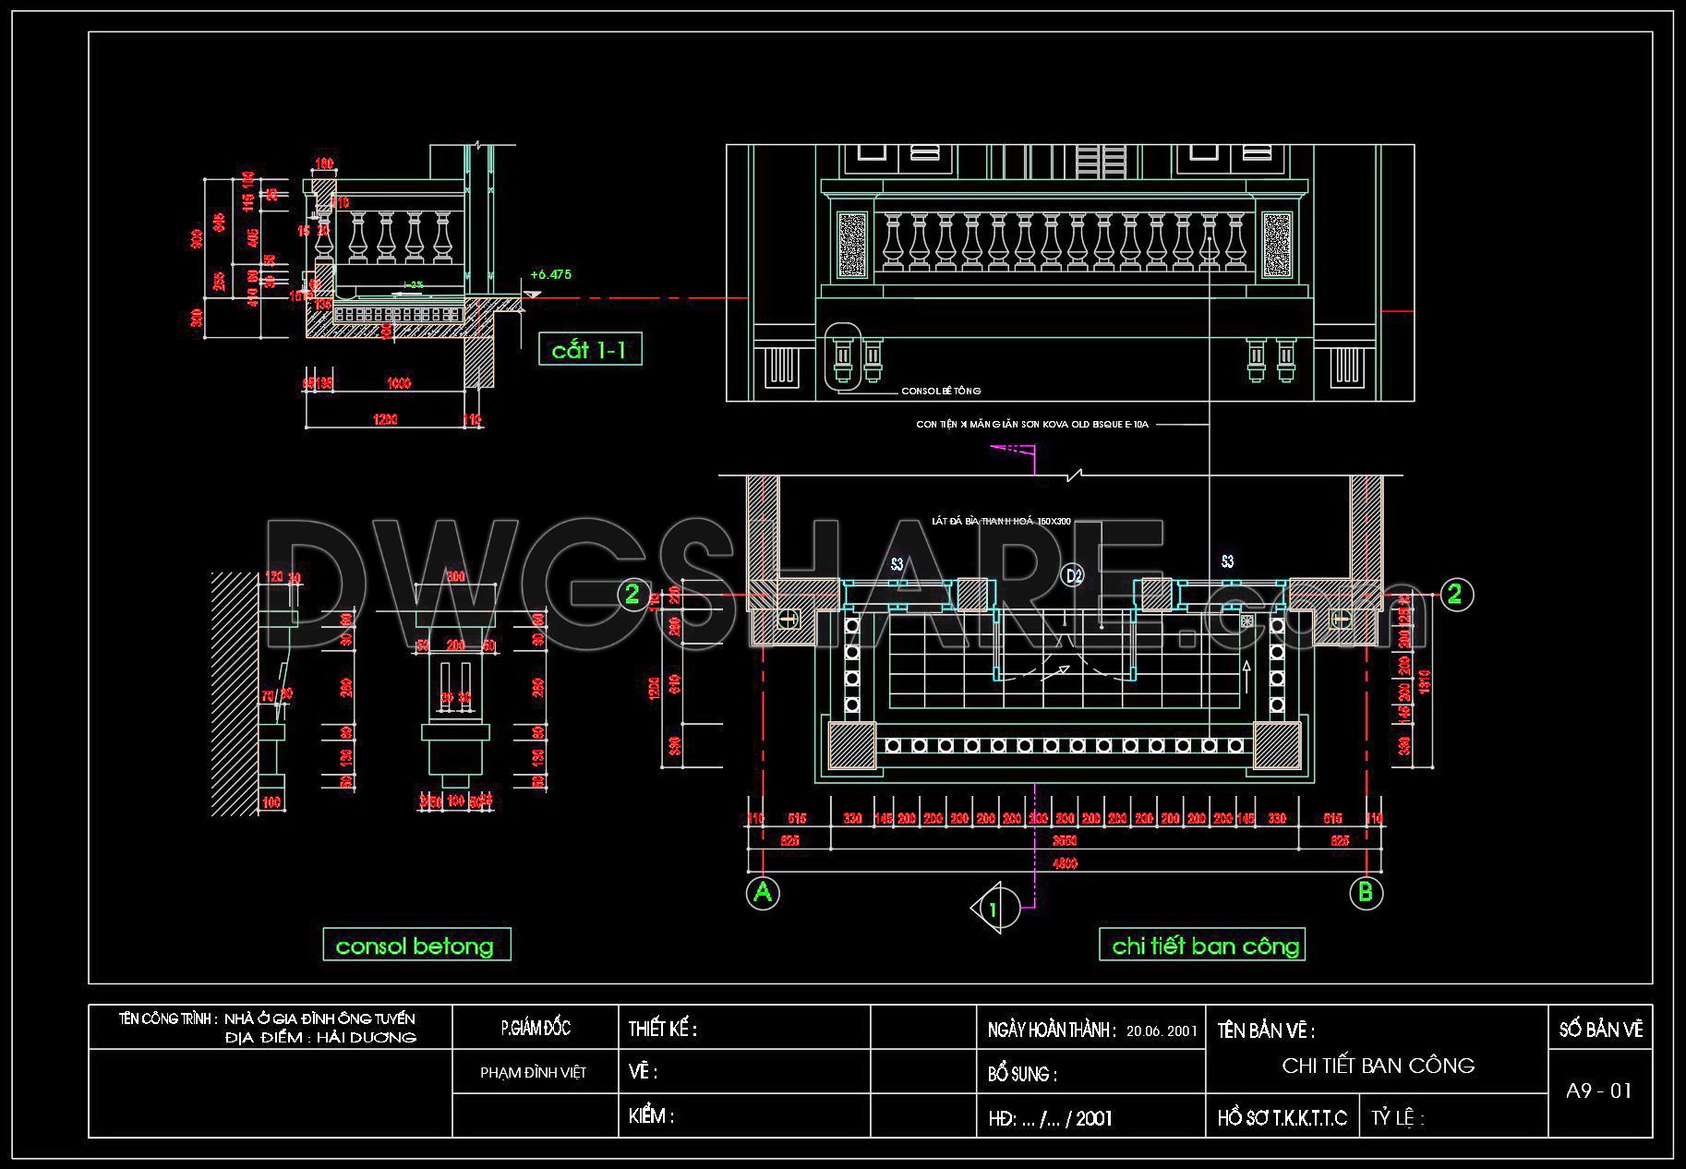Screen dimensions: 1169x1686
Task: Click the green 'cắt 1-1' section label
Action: pos(589,350)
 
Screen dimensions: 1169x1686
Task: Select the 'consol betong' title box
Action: pos(415,946)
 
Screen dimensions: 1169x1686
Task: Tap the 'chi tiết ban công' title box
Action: pos(1202,946)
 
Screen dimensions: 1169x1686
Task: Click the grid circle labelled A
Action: pos(763,893)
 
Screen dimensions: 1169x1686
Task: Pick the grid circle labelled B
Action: pos(1366,893)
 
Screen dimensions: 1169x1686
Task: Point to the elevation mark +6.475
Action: pos(551,274)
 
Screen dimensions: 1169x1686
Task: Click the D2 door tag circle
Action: pos(1073,575)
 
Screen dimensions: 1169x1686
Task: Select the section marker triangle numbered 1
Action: pos(993,909)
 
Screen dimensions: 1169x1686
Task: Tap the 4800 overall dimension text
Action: pos(1065,863)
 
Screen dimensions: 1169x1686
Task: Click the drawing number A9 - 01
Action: pos(1599,1091)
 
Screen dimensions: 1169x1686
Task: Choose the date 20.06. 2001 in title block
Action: pos(1162,1030)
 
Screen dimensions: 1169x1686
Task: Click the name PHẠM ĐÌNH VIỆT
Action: pos(534,1073)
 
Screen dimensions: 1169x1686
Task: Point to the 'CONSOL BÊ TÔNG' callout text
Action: pos(941,392)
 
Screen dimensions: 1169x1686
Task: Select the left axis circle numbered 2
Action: pos(632,594)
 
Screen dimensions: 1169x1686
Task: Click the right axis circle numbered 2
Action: pos(1454,594)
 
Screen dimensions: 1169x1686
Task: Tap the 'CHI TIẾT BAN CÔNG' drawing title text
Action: pos(1378,1066)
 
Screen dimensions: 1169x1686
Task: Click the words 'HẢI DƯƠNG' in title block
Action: pos(367,1038)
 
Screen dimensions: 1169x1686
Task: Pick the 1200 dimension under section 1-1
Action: pos(385,420)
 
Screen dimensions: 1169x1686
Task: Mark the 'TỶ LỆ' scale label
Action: pos(1397,1119)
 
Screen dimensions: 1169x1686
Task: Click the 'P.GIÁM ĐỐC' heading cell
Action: pos(536,1028)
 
